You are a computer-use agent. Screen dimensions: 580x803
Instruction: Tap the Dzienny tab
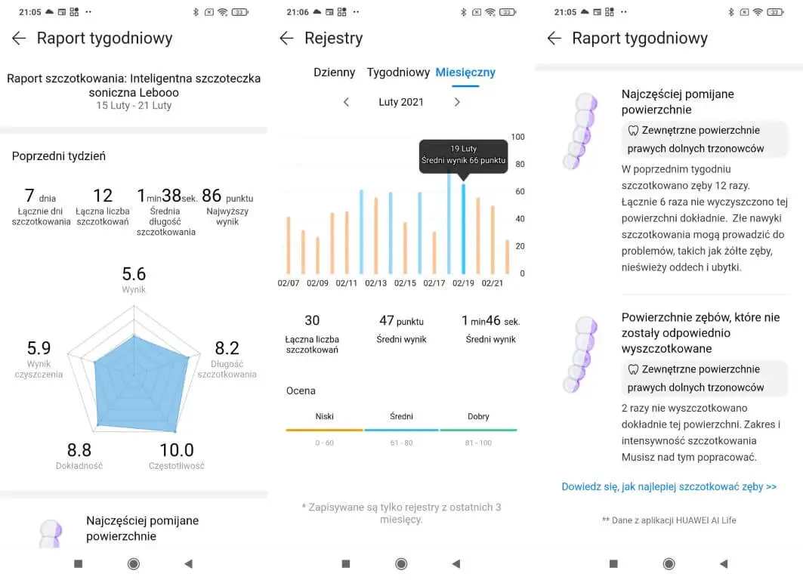click(x=334, y=72)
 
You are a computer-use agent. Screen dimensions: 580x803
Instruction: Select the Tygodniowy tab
click(x=398, y=72)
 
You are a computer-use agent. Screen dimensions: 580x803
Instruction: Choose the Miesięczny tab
click(x=465, y=72)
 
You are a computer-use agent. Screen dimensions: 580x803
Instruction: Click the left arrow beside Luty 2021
click(x=346, y=102)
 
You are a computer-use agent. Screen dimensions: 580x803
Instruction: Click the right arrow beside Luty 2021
click(x=457, y=102)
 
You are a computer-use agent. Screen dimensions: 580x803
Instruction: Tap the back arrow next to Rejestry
click(x=286, y=39)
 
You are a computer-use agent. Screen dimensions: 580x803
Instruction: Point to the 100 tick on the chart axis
click(x=517, y=137)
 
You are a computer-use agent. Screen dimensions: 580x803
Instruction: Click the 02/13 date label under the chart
click(x=375, y=283)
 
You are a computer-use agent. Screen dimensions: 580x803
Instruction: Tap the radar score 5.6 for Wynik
click(x=134, y=274)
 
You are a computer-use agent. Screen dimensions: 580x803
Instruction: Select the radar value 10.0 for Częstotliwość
click(x=176, y=451)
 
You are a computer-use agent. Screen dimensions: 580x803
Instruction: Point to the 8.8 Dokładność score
click(x=79, y=451)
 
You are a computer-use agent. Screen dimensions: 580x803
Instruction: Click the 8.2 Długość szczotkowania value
click(x=227, y=348)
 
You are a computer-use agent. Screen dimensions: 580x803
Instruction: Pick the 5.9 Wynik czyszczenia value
click(x=39, y=348)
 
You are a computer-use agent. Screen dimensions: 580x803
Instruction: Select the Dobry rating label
click(x=478, y=417)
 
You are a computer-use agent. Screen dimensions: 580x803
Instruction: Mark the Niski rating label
click(x=324, y=417)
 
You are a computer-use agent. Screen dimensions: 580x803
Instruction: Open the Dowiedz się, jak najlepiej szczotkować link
click(x=669, y=487)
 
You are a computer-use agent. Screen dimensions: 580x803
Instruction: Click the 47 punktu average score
click(x=401, y=321)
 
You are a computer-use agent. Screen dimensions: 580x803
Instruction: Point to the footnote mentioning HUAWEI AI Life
click(x=669, y=520)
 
